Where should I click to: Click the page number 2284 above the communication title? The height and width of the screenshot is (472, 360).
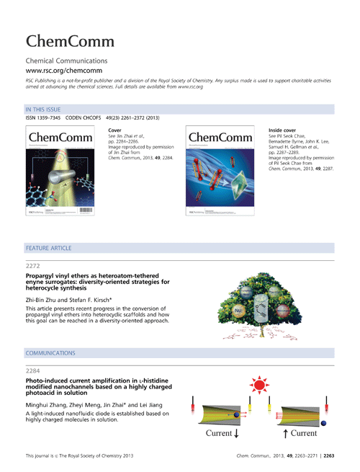(x=34, y=372)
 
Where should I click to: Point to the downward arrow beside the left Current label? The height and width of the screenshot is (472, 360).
(x=235, y=435)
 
